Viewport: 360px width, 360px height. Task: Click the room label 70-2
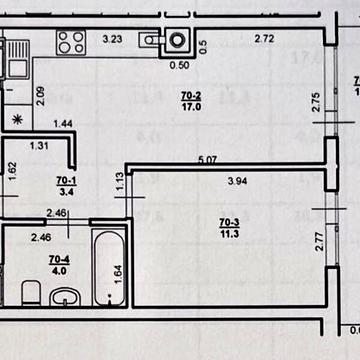point(190,96)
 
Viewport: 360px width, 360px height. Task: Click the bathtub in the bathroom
point(107,269)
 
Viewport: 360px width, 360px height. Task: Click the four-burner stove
point(69,42)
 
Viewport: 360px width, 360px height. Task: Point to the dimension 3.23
point(113,40)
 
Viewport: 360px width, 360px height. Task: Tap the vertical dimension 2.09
point(40,96)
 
